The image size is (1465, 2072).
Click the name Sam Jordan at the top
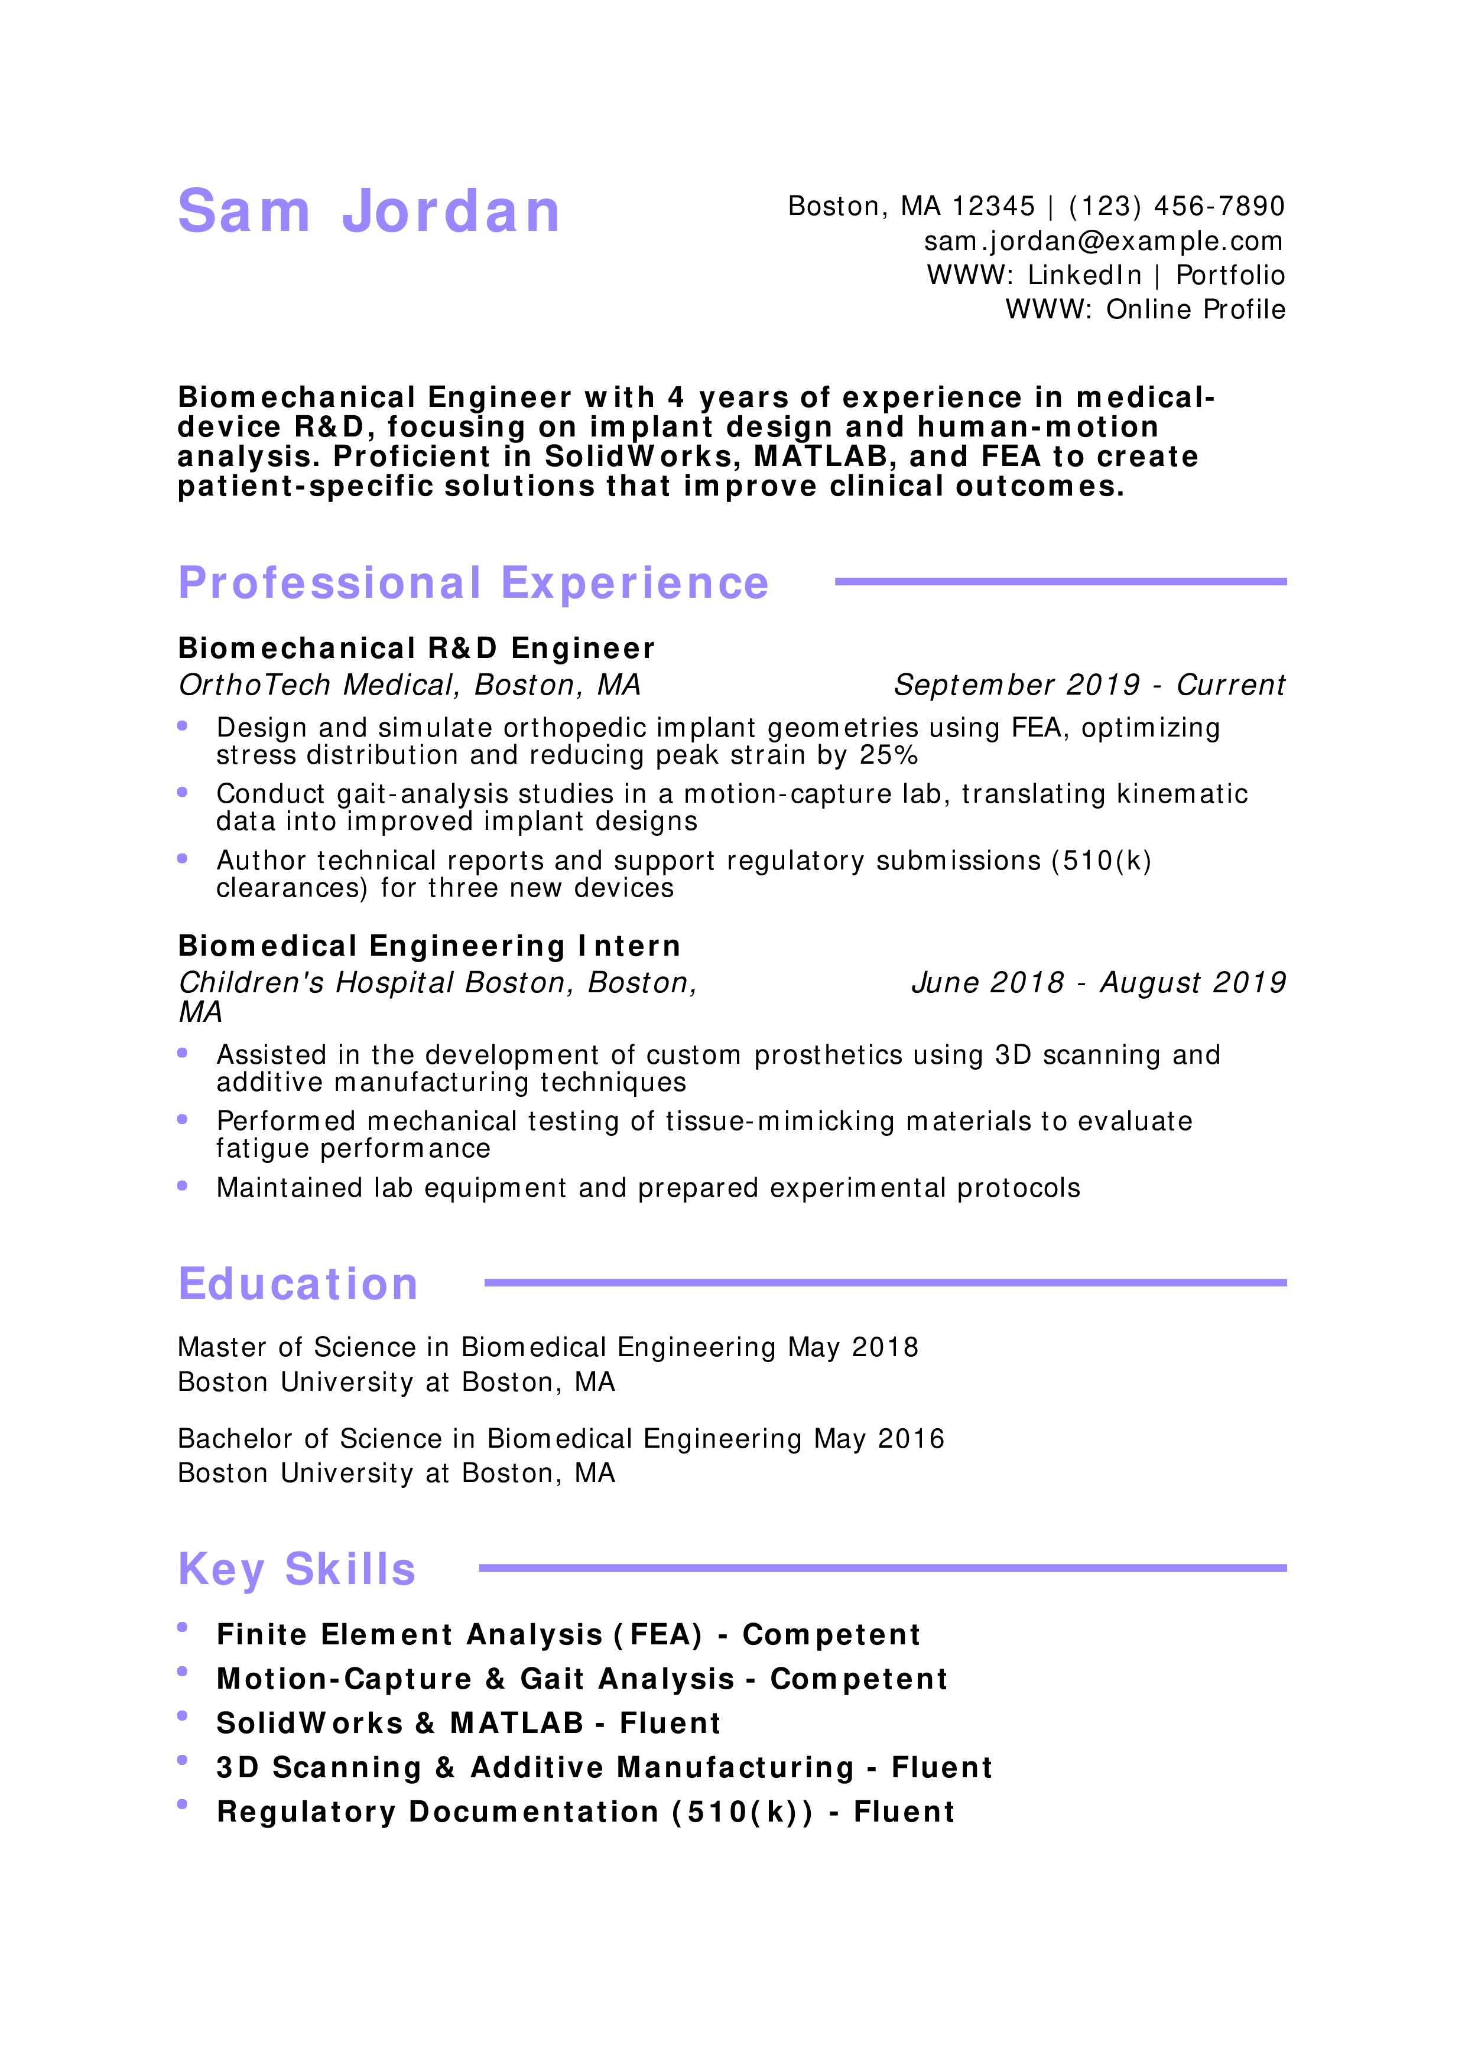[369, 211]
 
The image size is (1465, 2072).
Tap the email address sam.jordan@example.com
[1103, 241]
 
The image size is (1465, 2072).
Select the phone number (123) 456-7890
[1176, 207]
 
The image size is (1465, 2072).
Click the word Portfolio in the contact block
[1230, 275]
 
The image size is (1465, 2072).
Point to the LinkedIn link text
[1084, 275]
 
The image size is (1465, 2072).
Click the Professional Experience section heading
[473, 583]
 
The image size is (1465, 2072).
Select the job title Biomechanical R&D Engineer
[416, 648]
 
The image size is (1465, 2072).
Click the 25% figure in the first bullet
[889, 755]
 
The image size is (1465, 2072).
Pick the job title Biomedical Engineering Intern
[429, 946]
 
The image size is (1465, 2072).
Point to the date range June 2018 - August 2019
[1099, 983]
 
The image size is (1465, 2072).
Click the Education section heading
[298, 1283]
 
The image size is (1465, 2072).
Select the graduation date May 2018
[853, 1347]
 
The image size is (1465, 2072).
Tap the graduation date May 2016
[879, 1438]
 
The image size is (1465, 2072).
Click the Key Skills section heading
[297, 1569]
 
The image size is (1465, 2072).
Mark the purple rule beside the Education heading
[885, 1282]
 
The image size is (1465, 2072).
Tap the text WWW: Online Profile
[1145, 310]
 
